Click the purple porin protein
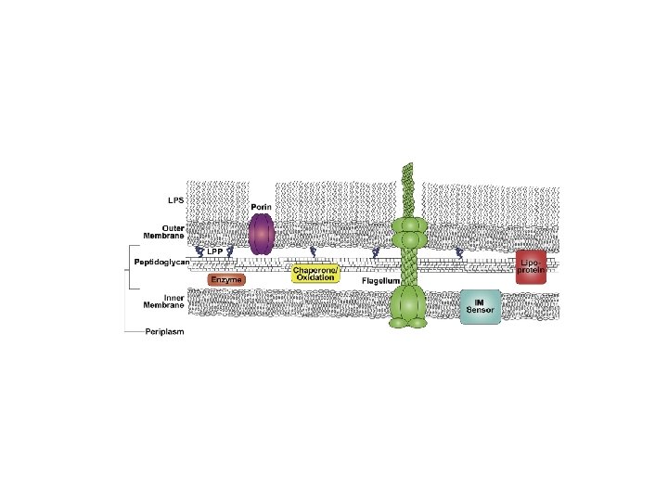pos(261,235)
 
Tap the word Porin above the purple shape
pos(260,206)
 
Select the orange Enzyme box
pos(226,279)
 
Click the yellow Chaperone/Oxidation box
pos(315,274)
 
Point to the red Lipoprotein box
pos(532,266)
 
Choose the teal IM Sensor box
pos(481,306)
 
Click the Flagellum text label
pos(380,280)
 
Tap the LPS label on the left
pos(174,199)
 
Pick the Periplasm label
pos(164,332)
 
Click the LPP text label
pos(214,251)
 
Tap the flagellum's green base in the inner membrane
pos(406,307)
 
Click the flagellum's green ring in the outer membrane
pos(406,232)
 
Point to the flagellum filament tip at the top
pos(407,167)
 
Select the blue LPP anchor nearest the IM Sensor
pos(458,252)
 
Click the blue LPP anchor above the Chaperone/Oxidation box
pos(313,252)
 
